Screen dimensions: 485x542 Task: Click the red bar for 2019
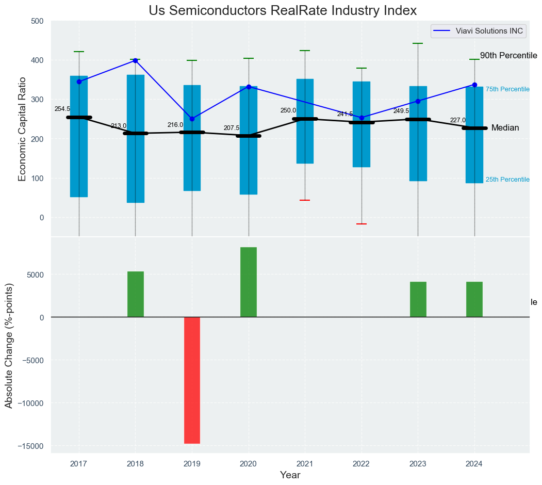[x=192, y=380]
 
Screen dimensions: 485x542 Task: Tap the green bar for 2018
[x=136, y=294]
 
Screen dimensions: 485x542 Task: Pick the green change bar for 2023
[x=418, y=299]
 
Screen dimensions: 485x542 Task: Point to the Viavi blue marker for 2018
[x=135, y=60]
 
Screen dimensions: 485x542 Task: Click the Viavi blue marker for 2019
[x=192, y=119]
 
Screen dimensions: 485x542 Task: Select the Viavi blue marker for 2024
[x=474, y=85]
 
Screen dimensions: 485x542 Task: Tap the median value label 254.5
[x=62, y=109]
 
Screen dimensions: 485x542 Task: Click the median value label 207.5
[x=231, y=128]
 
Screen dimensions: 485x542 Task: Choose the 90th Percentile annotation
[x=508, y=56]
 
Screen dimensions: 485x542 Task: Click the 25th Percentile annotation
[x=507, y=180]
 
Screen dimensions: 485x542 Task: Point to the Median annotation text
[x=505, y=128]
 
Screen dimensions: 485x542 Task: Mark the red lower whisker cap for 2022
[x=362, y=224]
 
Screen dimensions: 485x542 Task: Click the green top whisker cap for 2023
[x=418, y=44]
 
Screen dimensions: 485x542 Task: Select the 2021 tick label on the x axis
[x=305, y=463]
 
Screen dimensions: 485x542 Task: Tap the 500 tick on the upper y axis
[x=37, y=21]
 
